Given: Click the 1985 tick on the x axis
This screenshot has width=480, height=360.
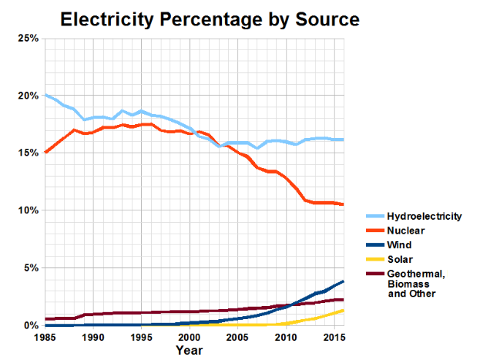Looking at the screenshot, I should (45, 338).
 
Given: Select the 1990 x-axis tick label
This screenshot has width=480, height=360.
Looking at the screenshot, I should (93, 338).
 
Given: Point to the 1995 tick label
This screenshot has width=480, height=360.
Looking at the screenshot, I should (141, 338).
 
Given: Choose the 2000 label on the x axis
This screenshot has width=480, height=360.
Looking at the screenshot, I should (190, 338).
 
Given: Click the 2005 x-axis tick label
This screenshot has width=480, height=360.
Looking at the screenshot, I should (237, 338).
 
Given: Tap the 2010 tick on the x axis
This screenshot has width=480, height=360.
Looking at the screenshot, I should (285, 338).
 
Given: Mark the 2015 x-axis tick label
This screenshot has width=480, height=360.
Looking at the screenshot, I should (333, 338).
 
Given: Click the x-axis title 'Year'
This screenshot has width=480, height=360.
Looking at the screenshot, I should (189, 351).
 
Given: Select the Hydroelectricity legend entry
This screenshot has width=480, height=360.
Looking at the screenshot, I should (424, 216).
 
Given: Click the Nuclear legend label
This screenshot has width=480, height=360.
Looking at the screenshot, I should (406, 230).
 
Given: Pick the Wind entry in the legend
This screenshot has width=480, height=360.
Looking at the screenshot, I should (399, 244).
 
